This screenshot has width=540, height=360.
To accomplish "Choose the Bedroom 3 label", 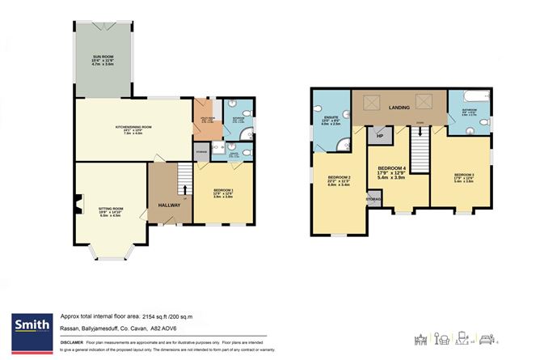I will [463, 179].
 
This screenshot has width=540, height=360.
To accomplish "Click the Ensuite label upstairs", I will [331, 121].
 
